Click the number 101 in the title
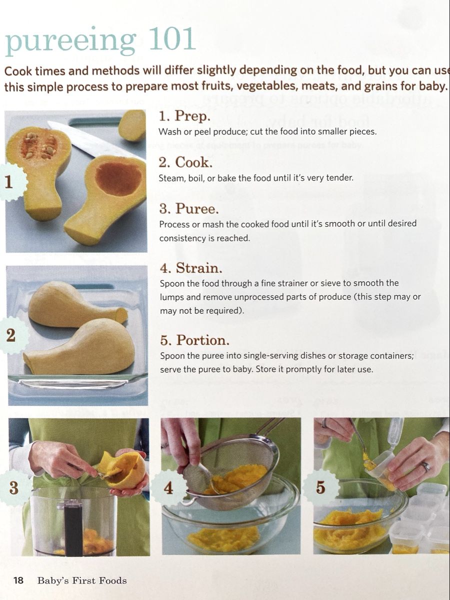[172, 39]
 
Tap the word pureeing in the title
[70, 41]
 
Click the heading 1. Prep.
[184, 116]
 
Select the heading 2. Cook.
[185, 162]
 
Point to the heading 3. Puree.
[189, 208]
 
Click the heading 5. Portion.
[195, 340]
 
